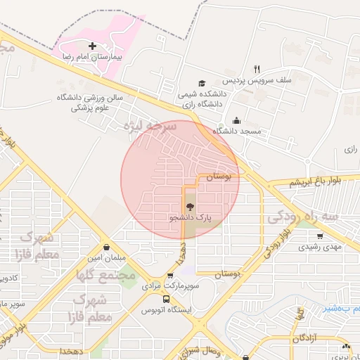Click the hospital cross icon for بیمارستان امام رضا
coord(92,46)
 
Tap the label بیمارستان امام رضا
coord(93,56)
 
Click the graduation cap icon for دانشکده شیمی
coord(202,84)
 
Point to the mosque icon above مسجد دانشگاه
coord(236,120)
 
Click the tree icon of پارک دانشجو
coord(190,207)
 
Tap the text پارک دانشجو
coord(190,218)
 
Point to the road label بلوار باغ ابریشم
coord(314,182)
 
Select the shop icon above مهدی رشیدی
coord(321,236)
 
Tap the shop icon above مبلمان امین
coord(106,247)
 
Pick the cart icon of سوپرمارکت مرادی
coord(169,276)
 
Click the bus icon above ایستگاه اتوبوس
coord(166,299)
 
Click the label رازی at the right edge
coord(351,150)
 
